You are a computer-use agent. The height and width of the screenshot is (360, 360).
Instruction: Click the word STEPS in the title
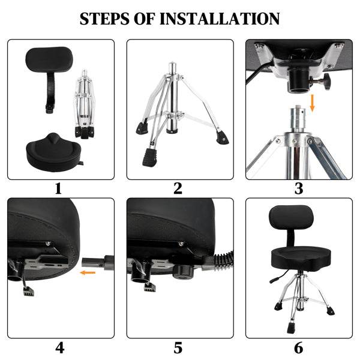point(107,19)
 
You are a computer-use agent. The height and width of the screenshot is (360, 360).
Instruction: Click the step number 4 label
point(59,347)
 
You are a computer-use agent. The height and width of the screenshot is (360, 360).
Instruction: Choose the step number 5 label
point(178,347)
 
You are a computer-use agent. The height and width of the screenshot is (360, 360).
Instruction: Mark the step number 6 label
point(298,347)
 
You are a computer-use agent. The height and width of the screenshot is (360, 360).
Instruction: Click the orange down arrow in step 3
point(312,104)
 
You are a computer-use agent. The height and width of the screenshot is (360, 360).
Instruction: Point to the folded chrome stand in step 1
point(85,105)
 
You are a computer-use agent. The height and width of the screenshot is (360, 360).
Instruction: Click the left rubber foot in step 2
point(141,127)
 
